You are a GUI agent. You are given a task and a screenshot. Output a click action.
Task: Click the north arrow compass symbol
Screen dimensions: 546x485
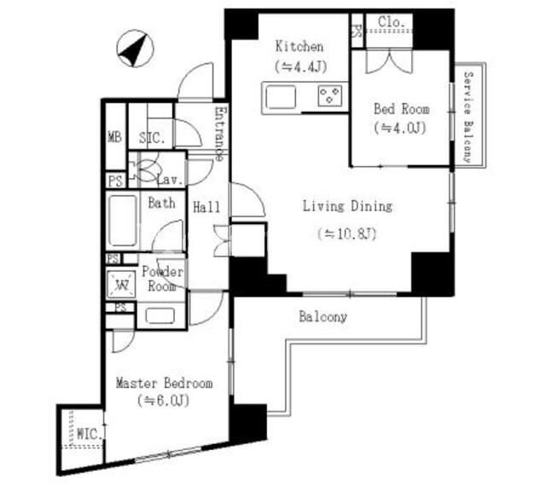135,49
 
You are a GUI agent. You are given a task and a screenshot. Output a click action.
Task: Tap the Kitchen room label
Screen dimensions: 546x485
299,46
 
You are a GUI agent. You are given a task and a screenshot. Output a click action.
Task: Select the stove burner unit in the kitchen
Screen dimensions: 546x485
329,95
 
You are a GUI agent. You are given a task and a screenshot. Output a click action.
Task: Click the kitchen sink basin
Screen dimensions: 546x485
281,97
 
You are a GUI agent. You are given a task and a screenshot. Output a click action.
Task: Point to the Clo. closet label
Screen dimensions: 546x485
392,22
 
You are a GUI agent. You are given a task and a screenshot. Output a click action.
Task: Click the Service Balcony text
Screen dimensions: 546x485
468,118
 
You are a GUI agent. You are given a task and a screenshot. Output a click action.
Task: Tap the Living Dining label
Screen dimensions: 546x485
347,206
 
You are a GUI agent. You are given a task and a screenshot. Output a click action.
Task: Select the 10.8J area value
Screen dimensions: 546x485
347,234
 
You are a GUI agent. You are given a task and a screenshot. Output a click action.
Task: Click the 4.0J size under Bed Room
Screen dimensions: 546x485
400,129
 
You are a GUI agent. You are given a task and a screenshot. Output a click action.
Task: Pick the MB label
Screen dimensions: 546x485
115,136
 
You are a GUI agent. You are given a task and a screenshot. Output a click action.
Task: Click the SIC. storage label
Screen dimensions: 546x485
152,138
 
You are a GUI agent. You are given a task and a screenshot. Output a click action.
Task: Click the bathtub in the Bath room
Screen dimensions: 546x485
123,221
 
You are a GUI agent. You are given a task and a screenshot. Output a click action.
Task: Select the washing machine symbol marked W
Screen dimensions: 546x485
121,285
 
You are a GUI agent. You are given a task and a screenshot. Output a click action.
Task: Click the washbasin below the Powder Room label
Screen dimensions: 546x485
160,316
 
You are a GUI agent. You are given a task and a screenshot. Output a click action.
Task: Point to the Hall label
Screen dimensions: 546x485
206,207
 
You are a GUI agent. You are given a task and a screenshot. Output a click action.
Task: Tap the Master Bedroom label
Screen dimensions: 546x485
165,384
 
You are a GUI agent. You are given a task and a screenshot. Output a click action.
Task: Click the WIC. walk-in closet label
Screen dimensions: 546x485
90,434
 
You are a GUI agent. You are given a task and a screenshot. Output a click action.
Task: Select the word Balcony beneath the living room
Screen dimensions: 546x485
322,316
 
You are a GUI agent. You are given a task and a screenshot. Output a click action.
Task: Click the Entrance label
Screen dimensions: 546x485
220,134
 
